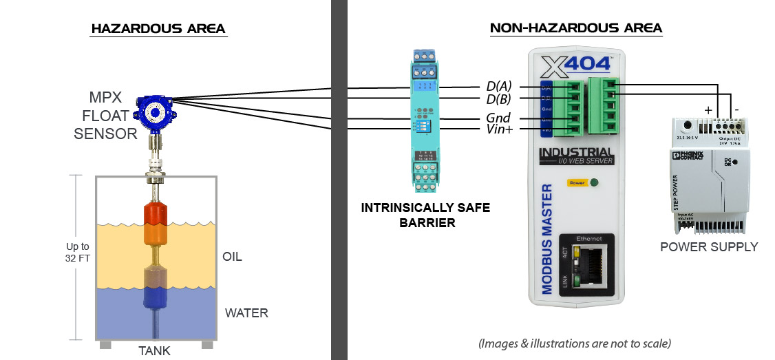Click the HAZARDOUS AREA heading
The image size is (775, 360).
[x=158, y=29]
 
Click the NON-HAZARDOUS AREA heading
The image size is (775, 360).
[x=575, y=28]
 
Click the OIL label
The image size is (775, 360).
[x=232, y=257]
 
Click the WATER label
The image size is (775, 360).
[x=246, y=313]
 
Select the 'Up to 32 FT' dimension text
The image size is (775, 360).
[x=77, y=252]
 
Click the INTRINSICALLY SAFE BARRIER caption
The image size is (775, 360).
[x=426, y=215]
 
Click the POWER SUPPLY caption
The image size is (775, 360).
[x=708, y=246]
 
